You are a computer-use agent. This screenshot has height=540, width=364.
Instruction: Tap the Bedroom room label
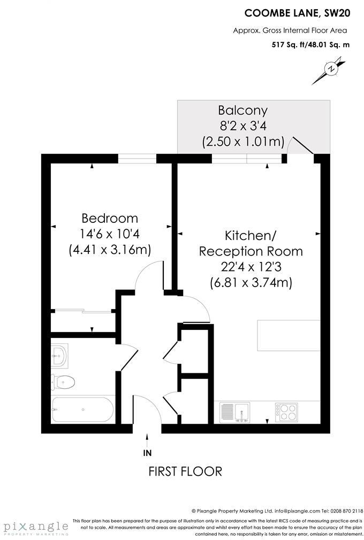(x=110, y=219)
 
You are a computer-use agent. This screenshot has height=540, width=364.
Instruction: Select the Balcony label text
(x=242, y=111)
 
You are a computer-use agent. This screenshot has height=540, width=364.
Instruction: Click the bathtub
(x=83, y=410)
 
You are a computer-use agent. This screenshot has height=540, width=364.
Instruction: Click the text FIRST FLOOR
(x=185, y=471)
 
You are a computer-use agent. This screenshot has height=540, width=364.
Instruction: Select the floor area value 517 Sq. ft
(x=288, y=45)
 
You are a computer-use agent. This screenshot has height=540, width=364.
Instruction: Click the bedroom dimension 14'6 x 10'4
(x=110, y=234)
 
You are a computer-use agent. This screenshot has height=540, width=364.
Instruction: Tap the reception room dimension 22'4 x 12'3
(x=251, y=267)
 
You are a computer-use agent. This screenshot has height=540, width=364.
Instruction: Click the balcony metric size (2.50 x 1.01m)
(x=242, y=142)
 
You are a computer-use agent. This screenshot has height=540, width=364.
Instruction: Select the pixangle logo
(x=34, y=526)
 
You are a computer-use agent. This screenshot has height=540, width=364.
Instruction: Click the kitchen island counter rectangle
(x=289, y=336)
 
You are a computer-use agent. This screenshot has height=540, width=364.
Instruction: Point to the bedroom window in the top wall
(x=137, y=158)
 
